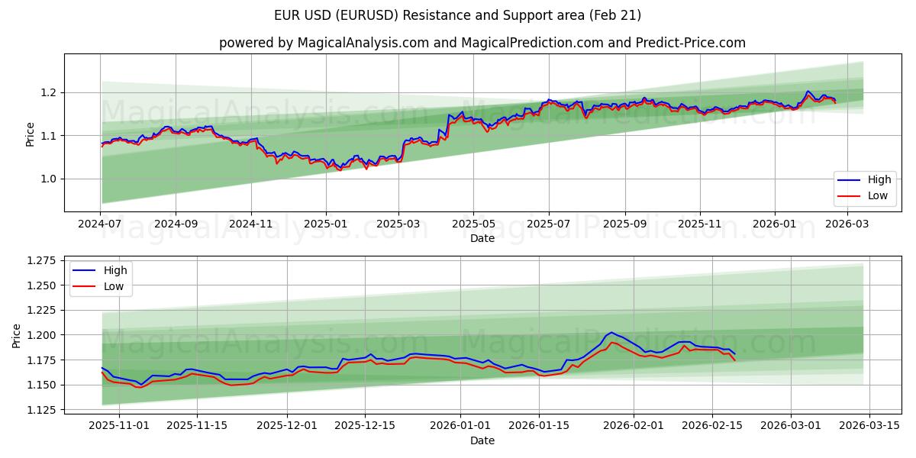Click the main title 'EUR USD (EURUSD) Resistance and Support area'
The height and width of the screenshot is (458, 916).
tap(457, 15)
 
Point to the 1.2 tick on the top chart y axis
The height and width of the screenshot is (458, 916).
tap(48, 92)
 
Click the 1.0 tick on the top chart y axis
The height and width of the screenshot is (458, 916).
tap(48, 179)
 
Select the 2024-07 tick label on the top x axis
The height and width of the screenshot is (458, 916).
tap(100, 224)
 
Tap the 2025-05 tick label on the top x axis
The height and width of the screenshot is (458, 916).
tap(473, 224)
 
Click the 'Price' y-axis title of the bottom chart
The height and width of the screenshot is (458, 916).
tap(17, 335)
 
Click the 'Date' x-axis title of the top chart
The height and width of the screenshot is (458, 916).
tap(482, 238)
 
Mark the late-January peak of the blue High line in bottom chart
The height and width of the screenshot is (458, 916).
tap(611, 332)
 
